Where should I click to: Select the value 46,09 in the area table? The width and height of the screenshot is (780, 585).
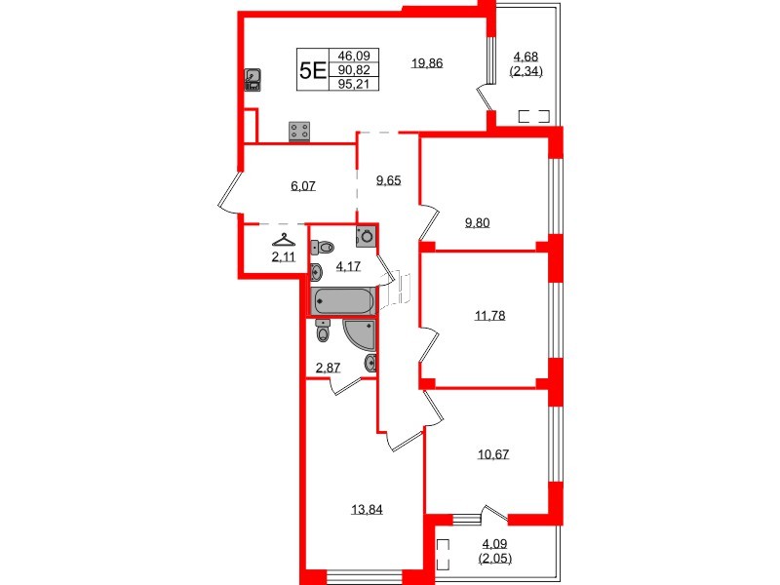pos(353,57)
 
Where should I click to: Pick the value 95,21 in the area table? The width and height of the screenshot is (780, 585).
pos(353,84)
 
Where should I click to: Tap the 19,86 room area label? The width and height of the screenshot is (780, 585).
pos(427,63)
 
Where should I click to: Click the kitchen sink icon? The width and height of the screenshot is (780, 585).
pos(253,79)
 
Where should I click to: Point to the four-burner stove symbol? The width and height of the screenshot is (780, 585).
pos(299,131)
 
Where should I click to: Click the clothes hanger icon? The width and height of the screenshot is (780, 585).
pos(283,240)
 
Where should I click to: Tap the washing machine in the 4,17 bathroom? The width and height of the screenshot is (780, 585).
pos(367,235)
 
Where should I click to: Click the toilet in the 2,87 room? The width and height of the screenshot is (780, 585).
pos(325,333)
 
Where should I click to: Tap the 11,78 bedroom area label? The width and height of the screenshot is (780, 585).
pos(491,315)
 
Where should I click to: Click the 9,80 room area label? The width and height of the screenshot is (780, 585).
pos(477,222)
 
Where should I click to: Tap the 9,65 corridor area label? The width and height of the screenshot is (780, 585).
pos(388,180)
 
